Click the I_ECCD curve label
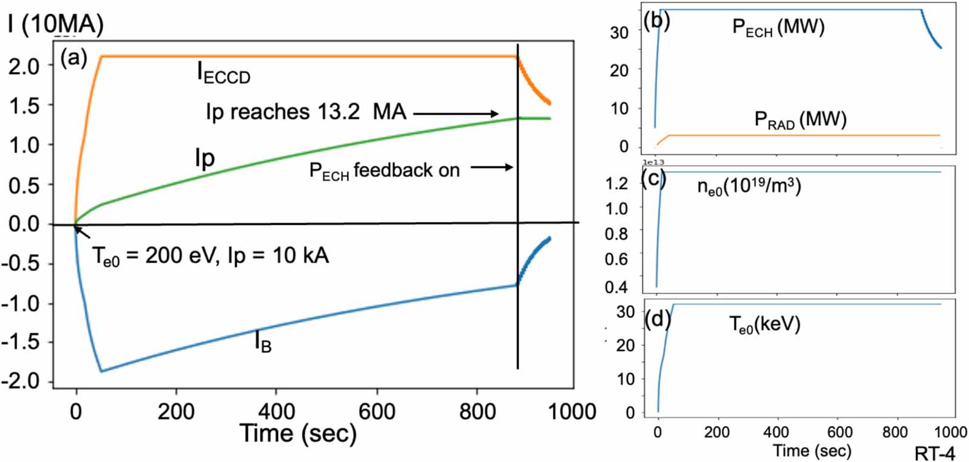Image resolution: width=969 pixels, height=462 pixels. coord(223,73)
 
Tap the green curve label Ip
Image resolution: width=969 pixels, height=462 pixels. coord(205,158)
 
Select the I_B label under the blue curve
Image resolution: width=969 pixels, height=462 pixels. coord(262,343)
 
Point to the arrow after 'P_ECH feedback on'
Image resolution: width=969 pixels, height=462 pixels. coord(491,167)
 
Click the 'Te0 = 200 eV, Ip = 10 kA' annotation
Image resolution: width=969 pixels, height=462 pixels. coord(210,256)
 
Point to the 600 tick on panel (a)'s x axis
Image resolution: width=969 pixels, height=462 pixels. coord(377,412)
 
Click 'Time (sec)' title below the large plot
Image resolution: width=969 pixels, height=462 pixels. coord(298,434)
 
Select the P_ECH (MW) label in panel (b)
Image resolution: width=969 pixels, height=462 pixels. coord(778,27)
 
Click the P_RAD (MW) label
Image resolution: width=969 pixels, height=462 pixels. coord(799,120)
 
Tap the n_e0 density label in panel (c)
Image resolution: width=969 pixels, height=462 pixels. coord(749,186)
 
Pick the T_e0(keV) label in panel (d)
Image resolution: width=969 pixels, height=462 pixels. coord(764,325)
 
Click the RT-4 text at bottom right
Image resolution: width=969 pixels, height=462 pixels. coord(934,453)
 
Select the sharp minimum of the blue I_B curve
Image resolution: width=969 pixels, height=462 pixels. coord(101,371)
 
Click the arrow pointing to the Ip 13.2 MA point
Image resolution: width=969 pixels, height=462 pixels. coord(455,113)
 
